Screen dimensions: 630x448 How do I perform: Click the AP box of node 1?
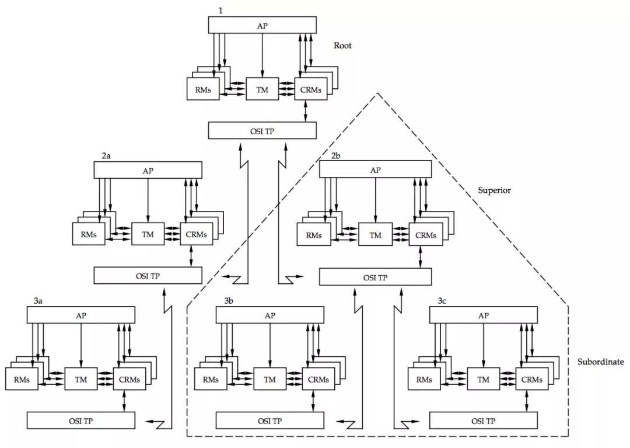(x=262, y=25)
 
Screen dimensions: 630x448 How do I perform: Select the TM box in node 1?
(x=262, y=89)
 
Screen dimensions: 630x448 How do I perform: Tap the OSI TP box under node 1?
(x=262, y=131)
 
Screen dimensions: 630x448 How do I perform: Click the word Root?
(x=342, y=46)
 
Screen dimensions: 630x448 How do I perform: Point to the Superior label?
(x=494, y=190)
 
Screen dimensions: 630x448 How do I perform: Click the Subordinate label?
(x=601, y=362)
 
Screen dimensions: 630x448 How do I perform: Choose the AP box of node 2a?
(x=148, y=170)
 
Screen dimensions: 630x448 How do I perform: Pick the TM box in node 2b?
(x=375, y=234)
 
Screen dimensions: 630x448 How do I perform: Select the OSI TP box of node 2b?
(x=375, y=277)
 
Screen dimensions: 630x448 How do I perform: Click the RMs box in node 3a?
(x=22, y=379)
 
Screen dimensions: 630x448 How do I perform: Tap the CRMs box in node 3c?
(x=531, y=379)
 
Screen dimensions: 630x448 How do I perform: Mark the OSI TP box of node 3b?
(x=270, y=421)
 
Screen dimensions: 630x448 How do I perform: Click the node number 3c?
(x=442, y=301)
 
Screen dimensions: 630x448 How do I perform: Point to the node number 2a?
(x=106, y=155)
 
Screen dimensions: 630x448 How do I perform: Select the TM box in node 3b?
(x=270, y=379)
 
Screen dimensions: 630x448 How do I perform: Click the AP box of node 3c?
(x=484, y=315)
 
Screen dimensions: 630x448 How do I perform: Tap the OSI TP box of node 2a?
(x=148, y=276)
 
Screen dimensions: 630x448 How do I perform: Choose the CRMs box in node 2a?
(x=197, y=234)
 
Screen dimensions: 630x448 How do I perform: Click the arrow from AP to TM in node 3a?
(x=81, y=345)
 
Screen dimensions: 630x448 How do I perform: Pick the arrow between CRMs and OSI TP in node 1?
(x=305, y=111)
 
